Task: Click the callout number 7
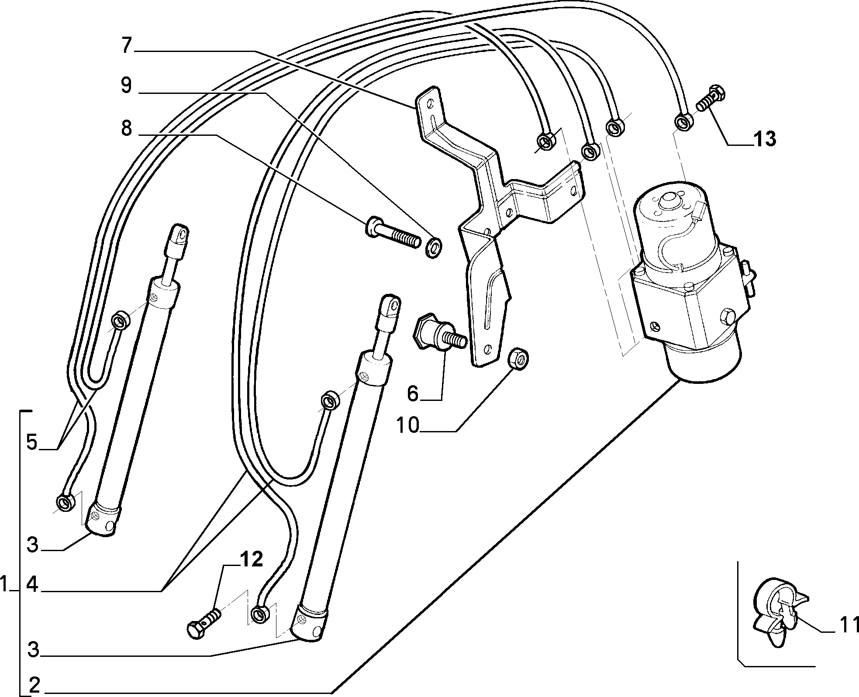126,45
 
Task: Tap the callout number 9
126,85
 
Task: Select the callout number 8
126,129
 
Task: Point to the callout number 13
764,138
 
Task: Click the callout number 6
413,393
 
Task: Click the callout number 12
251,559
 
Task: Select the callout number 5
32,442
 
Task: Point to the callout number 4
33,584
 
